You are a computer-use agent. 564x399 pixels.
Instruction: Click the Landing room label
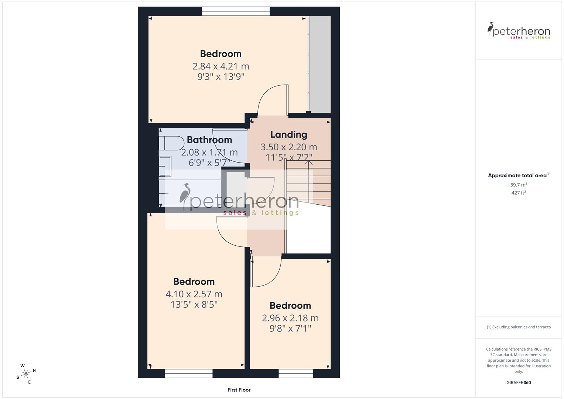tap(288, 134)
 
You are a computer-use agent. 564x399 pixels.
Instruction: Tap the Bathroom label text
tap(209, 140)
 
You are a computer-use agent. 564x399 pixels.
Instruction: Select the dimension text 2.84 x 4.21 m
tap(221, 66)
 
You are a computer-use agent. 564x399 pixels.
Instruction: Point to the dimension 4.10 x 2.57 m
tap(194, 294)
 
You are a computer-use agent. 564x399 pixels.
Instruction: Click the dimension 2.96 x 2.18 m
tap(290, 318)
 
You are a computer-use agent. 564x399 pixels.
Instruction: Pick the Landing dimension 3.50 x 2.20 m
tap(288, 147)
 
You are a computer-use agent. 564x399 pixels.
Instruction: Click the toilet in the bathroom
tap(172, 143)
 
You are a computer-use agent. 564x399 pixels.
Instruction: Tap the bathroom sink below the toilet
tap(165, 167)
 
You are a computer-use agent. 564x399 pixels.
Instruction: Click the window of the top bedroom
tap(236, 12)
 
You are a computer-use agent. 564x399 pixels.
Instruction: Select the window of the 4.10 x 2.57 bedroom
tap(189, 374)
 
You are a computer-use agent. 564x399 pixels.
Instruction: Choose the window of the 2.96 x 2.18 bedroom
tap(295, 374)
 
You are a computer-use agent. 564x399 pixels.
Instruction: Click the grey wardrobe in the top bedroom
tap(320, 64)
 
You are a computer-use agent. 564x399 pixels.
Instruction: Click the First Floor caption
tap(239, 390)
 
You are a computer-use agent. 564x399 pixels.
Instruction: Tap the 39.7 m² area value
tap(519, 185)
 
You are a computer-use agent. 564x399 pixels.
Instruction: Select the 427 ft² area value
tap(519, 193)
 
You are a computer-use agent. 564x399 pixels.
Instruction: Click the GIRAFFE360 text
tap(519, 383)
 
